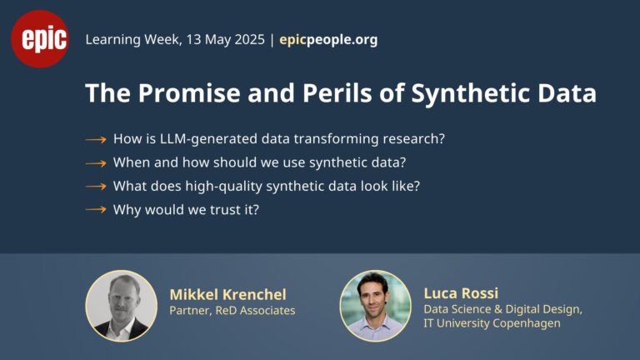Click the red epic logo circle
(40, 39)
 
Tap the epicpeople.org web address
(328, 40)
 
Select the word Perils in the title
(337, 92)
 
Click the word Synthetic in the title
(470, 93)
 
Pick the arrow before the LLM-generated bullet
(96, 140)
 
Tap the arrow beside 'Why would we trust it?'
(96, 210)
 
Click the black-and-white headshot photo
(121, 306)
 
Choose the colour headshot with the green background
(376, 306)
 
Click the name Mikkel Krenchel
(228, 294)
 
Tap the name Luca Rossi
(461, 293)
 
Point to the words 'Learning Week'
(132, 40)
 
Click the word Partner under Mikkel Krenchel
(190, 311)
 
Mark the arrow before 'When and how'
(96, 163)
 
